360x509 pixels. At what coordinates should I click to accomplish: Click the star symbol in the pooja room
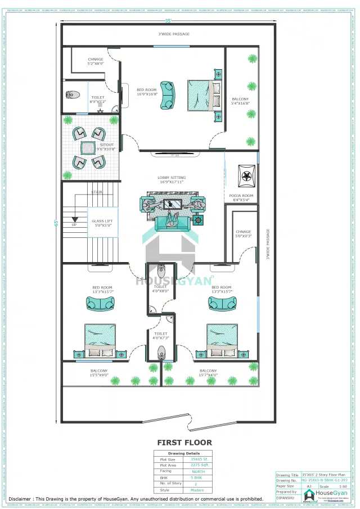point(245,177)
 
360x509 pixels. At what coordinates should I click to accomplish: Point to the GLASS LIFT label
point(102,223)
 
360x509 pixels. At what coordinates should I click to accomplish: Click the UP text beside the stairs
point(74,224)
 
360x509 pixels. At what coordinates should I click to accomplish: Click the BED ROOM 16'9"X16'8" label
point(146,92)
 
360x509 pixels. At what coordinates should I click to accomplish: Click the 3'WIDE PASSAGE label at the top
point(173,34)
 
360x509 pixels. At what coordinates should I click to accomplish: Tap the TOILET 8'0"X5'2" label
point(98,100)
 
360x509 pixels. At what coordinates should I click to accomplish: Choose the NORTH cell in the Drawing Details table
point(199,471)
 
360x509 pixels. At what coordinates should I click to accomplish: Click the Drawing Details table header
point(183,453)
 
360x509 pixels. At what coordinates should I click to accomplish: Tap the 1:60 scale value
point(343,487)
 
